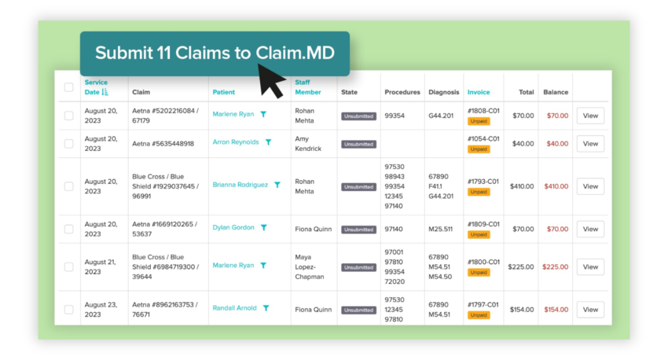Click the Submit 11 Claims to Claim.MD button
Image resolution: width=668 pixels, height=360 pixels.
click(215, 53)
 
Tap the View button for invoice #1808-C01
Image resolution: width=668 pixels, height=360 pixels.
click(590, 116)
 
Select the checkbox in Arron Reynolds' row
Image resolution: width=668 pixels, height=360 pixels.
click(69, 144)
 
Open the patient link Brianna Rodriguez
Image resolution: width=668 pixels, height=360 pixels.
click(240, 186)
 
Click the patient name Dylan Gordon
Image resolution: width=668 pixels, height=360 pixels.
click(233, 228)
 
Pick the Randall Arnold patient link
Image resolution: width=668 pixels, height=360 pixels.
click(234, 308)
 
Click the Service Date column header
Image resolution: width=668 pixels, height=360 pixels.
click(96, 87)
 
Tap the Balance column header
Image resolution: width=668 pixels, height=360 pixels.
click(555, 93)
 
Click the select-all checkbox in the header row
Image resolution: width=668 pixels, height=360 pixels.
click(69, 87)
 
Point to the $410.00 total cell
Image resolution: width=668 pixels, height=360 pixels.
click(521, 187)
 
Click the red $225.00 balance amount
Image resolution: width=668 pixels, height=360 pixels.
click(556, 267)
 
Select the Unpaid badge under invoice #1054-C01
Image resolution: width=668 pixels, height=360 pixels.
click(478, 149)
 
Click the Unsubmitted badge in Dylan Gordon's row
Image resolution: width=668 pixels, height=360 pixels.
click(358, 230)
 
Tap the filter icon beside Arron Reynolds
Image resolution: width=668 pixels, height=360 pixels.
click(269, 143)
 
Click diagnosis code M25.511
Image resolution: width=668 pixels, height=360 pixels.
click(442, 230)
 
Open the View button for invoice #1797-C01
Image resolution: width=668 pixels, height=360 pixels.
click(590, 310)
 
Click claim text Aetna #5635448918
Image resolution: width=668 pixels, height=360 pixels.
click(163, 144)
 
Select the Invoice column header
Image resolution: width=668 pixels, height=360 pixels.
click(478, 93)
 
